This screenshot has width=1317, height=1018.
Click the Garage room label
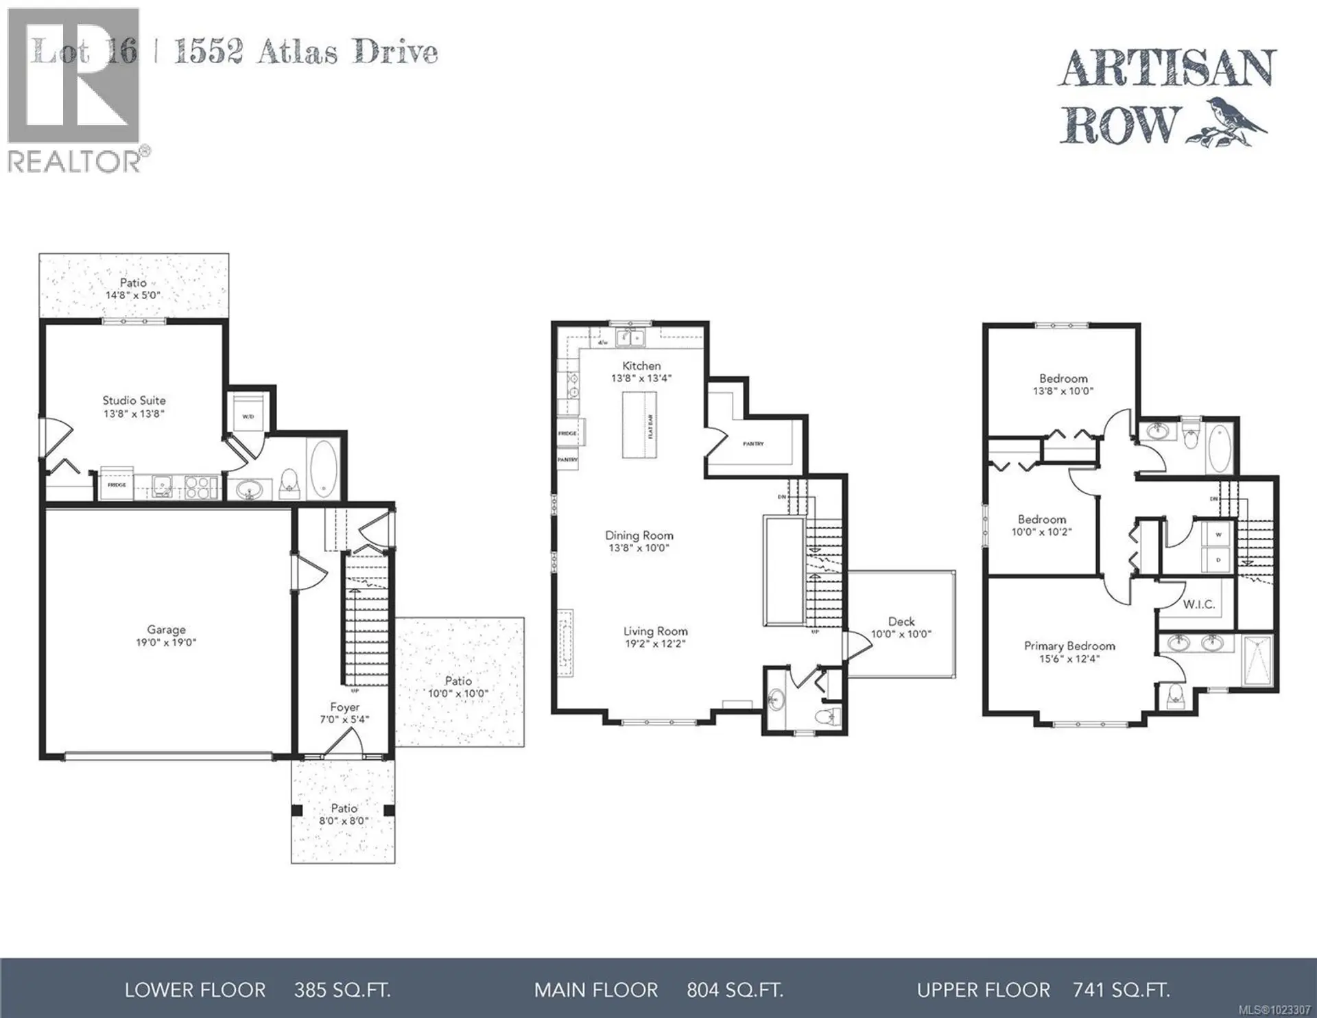166,629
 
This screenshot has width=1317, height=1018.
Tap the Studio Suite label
134,400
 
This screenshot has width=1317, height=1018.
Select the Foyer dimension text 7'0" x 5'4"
344,720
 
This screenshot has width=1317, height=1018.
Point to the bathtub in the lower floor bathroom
324,470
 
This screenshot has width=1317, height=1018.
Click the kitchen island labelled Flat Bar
639,425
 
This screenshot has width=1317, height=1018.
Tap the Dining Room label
639,535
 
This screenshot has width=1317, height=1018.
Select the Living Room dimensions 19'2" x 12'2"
655,644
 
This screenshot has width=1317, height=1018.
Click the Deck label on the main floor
901,622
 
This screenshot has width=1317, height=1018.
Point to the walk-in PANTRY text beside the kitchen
753,444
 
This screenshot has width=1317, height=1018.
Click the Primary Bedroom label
1069,646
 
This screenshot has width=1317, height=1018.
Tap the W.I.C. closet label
1198,604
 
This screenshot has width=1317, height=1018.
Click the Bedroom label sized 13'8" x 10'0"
1063,378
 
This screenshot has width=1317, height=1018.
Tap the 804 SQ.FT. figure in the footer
735,990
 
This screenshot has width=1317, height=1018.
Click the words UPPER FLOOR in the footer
983,990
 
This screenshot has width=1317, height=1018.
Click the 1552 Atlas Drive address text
305,52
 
